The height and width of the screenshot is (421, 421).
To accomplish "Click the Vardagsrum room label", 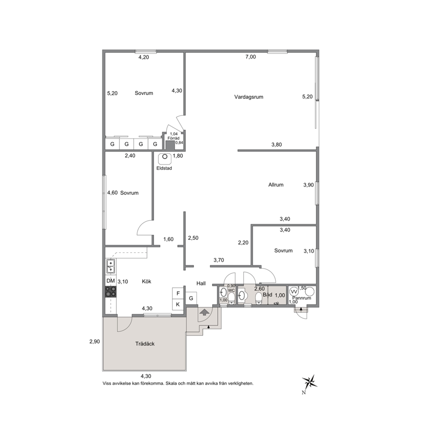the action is (249, 97).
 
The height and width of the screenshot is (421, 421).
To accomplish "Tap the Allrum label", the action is (276, 185).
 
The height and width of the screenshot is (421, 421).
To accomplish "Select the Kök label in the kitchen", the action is (146, 281).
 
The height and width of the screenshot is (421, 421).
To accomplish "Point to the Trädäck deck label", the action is (145, 344).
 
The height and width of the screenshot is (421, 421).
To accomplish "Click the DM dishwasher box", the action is (111, 281).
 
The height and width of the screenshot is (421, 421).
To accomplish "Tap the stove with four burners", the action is (111, 292).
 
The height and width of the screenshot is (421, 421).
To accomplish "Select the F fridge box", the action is (178, 293).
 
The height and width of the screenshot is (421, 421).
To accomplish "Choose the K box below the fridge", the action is (178, 304).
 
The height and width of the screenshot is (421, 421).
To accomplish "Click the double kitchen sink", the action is (110, 266).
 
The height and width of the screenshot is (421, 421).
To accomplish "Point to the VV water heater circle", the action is (294, 292).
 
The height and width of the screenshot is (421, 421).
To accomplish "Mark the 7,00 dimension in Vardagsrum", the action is (250, 56).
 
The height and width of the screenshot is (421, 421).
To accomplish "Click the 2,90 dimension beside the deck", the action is (95, 342).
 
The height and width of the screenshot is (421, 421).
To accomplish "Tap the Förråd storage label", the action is (174, 138).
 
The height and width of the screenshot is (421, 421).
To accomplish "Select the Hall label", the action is (201, 283).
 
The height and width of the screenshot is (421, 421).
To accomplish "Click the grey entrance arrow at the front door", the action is (204, 312).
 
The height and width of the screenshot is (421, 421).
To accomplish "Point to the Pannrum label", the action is (302, 298).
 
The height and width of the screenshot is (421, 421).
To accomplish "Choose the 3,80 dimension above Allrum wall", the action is (277, 144).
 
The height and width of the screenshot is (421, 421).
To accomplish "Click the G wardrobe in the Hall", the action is (191, 298).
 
